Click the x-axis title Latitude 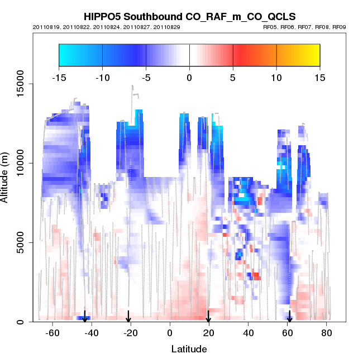tap(189, 349)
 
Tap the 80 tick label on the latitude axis tap(327, 334)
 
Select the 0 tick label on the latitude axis tap(170, 334)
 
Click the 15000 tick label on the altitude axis tap(20, 84)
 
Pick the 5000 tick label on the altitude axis tap(20, 242)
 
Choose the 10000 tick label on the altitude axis tap(20, 164)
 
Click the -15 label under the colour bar tap(59, 77)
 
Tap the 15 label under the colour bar tap(320, 77)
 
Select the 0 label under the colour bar tap(189, 77)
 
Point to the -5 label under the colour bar tap(145, 77)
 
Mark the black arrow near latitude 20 tap(208, 317)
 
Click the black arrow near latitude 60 tap(289, 317)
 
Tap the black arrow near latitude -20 tap(128, 317)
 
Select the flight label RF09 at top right tap(338, 27)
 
